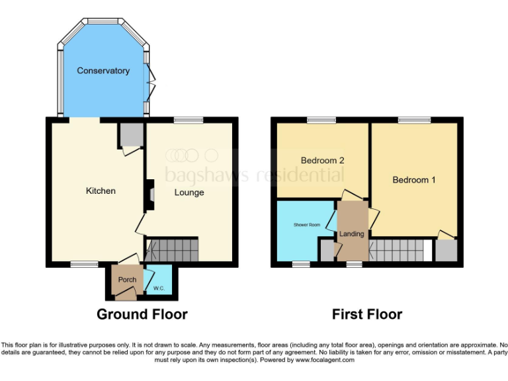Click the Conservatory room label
click(x=103, y=71)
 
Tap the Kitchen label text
click(x=101, y=191)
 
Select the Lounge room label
click(x=189, y=193)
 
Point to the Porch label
click(x=127, y=280)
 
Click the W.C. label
click(x=159, y=288)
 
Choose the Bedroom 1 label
click(x=413, y=180)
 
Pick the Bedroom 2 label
click(x=323, y=160)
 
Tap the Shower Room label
click(x=306, y=225)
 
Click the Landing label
click(x=352, y=234)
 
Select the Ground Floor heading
click(x=142, y=315)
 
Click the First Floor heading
click(x=367, y=315)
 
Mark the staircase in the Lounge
click(x=172, y=251)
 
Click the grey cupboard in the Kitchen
click(x=131, y=134)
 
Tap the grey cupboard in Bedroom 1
click(x=446, y=250)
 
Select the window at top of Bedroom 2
click(x=321, y=120)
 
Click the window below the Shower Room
click(x=301, y=265)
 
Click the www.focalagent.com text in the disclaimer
click(x=325, y=360)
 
